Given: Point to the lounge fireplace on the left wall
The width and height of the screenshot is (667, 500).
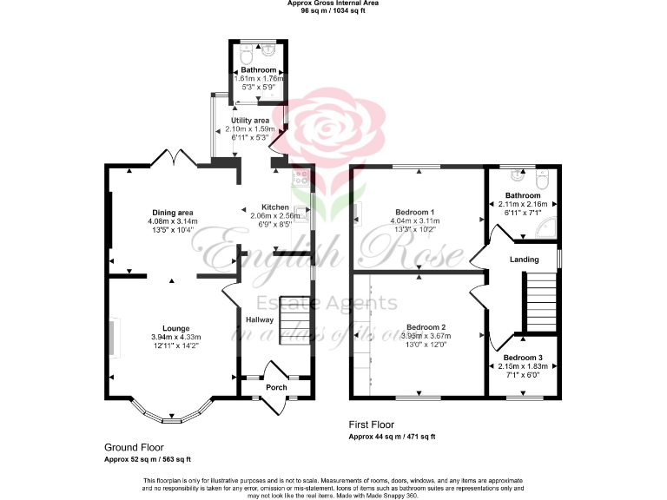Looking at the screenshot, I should pos(113,334).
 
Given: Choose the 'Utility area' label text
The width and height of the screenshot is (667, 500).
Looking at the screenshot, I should pos(250,121).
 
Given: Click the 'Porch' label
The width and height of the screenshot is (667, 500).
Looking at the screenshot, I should pos(276,387).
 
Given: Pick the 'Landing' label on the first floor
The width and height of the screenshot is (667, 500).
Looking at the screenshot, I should pos(525,260).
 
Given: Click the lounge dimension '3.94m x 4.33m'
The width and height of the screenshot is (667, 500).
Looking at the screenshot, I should pos(176,337).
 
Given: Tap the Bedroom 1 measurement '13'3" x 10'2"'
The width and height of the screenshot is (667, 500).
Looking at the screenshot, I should pos(416,230).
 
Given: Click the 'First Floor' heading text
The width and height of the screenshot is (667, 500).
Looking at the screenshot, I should pos(372,425).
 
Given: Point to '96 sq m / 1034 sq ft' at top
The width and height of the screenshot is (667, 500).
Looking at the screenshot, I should pos(333,11).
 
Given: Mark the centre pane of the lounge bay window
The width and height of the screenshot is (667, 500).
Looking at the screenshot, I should pos(171,419).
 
